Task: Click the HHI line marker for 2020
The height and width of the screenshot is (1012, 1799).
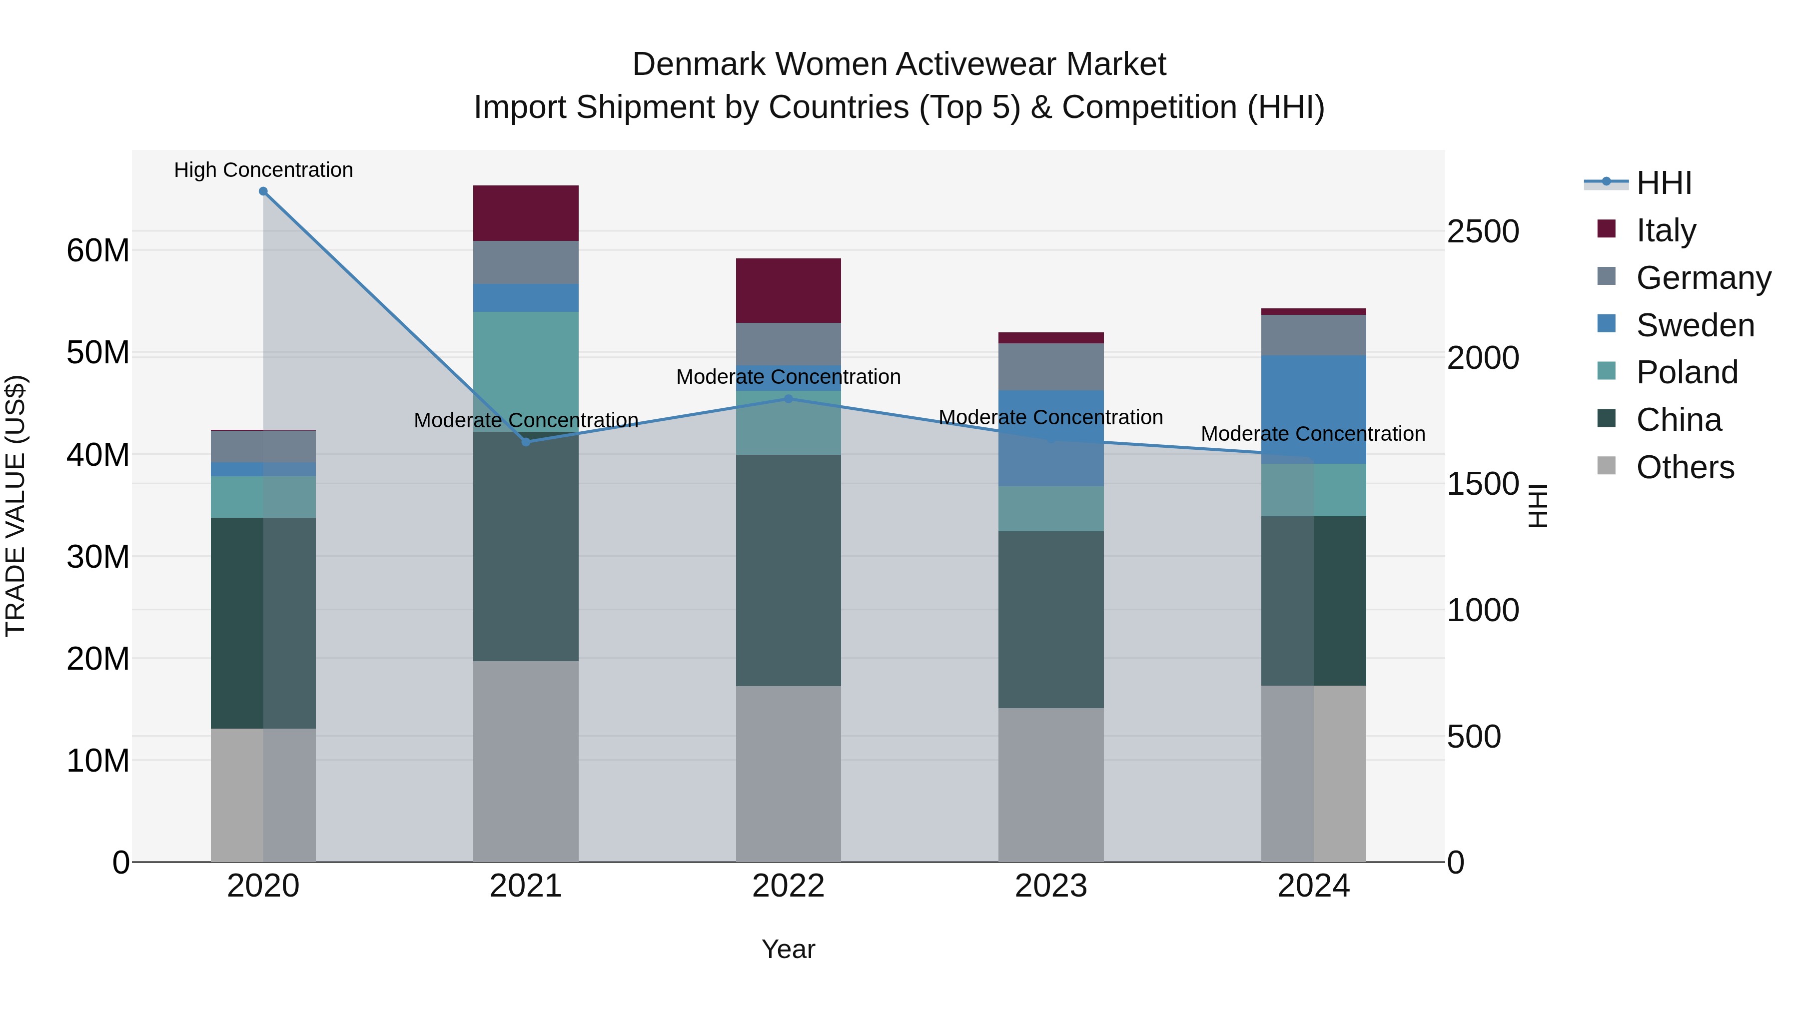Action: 263,191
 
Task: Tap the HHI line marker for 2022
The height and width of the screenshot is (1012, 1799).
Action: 789,399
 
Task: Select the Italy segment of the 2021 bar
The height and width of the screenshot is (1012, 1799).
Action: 526,213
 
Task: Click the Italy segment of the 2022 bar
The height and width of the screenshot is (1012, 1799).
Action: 789,290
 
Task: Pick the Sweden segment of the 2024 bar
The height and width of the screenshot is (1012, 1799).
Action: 1314,409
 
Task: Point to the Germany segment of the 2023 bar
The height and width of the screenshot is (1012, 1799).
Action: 1051,367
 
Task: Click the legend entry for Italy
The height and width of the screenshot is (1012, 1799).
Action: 1666,230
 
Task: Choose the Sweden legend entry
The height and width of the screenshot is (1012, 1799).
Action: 1695,325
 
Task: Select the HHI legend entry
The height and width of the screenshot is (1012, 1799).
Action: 1664,183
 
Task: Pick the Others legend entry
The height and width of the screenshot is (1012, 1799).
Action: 1685,467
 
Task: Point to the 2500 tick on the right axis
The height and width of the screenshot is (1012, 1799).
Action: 1483,232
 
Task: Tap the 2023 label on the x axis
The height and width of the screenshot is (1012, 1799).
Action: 1051,886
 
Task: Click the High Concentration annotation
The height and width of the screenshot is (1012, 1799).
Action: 263,170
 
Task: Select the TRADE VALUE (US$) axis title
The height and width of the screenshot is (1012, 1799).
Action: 15,506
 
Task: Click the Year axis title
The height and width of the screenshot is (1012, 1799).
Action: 789,949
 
